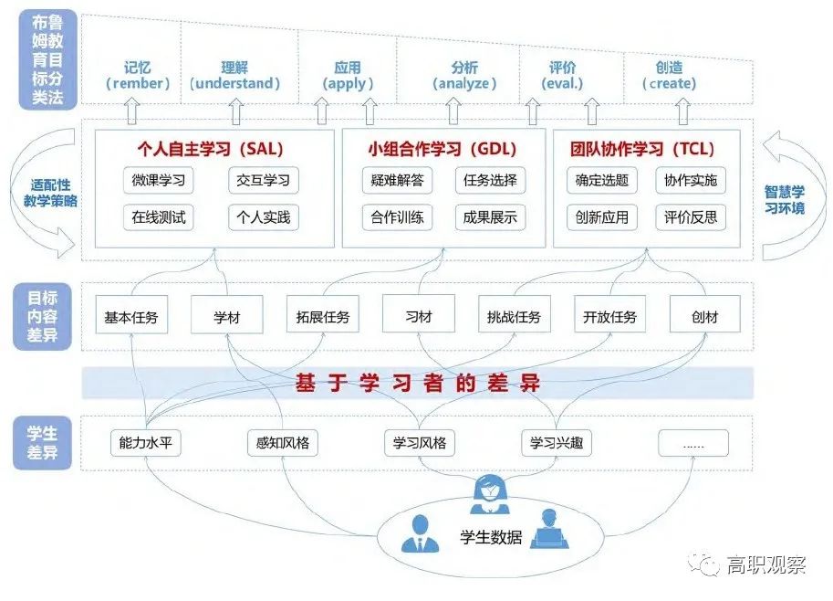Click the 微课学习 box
[159, 180]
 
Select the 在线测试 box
[159, 217]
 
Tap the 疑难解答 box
[397, 180]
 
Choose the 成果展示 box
[490, 217]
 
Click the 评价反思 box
[691, 217]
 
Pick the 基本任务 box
[131, 317]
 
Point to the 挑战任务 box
[514, 317]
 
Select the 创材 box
[704, 317]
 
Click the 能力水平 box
[145, 444]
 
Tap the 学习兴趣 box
[557, 444]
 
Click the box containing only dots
[693, 444]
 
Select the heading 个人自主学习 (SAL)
[211, 149]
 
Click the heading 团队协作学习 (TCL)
[643, 149]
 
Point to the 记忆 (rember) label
[139, 76]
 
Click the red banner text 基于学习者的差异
[418, 384]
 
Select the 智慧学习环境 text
[785, 200]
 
